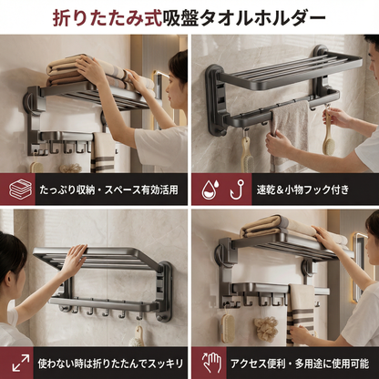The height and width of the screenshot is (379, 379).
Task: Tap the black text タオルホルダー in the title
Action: [272, 16]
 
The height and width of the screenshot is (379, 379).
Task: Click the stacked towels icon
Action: [19, 189]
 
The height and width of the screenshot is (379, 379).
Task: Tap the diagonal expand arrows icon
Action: [19, 362]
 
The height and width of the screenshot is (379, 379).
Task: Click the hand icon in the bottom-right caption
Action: [210, 362]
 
